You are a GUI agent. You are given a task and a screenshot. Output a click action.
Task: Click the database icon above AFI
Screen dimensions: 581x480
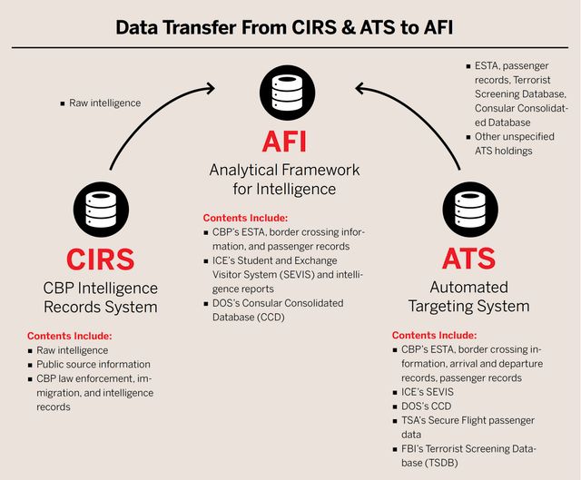[287, 93]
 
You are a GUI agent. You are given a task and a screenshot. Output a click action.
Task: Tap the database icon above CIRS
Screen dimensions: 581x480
[101, 210]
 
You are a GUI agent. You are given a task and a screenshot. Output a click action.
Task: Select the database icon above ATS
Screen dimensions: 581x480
[470, 210]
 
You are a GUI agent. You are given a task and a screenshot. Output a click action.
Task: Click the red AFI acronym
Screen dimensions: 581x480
[284, 142]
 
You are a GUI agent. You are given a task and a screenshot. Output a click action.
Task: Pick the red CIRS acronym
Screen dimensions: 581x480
[101, 260]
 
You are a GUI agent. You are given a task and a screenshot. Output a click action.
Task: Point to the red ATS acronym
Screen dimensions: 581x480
[468, 259]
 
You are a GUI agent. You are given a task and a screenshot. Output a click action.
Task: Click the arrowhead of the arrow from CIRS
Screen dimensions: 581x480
[211, 88]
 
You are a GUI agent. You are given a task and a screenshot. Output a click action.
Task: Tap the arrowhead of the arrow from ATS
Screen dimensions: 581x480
[360, 89]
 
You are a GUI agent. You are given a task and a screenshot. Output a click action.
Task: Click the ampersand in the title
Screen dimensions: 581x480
[349, 28]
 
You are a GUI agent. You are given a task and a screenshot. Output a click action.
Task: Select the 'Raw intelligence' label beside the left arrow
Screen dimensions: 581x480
[105, 103]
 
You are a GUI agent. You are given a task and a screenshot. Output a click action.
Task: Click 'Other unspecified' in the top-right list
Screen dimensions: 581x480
[515, 137]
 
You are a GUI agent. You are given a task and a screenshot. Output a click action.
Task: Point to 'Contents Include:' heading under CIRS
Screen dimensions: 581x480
[69, 336]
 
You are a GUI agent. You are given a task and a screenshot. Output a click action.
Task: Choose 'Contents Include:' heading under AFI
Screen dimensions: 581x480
[245, 218]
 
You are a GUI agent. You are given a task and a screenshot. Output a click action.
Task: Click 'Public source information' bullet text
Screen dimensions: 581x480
[94, 365]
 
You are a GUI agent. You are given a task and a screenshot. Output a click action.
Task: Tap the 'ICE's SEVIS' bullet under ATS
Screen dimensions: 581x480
[428, 392]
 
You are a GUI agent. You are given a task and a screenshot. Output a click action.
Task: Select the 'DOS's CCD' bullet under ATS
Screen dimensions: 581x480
[426, 407]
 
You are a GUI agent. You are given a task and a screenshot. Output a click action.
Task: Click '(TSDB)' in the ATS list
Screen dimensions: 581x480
[441, 463]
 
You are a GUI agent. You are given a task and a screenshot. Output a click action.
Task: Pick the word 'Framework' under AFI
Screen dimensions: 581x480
[322, 170]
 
